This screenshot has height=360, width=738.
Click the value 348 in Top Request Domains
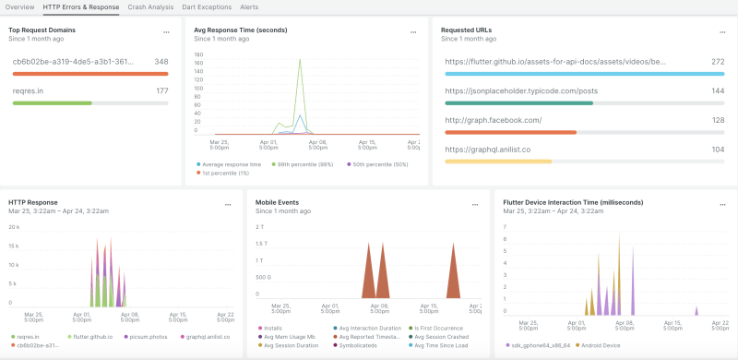[x=161, y=62]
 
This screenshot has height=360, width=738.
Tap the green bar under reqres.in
[x=52, y=102]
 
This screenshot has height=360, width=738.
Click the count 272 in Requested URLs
[x=717, y=62]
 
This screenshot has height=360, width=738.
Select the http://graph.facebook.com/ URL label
[x=493, y=120]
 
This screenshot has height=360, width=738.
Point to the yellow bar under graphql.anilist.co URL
[x=498, y=161]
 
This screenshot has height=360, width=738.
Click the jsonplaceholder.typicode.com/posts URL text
[x=520, y=91]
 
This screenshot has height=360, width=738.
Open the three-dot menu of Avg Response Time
[x=412, y=32]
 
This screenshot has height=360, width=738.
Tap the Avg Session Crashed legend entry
[x=437, y=337]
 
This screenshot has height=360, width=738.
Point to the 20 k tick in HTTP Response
[x=14, y=227]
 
